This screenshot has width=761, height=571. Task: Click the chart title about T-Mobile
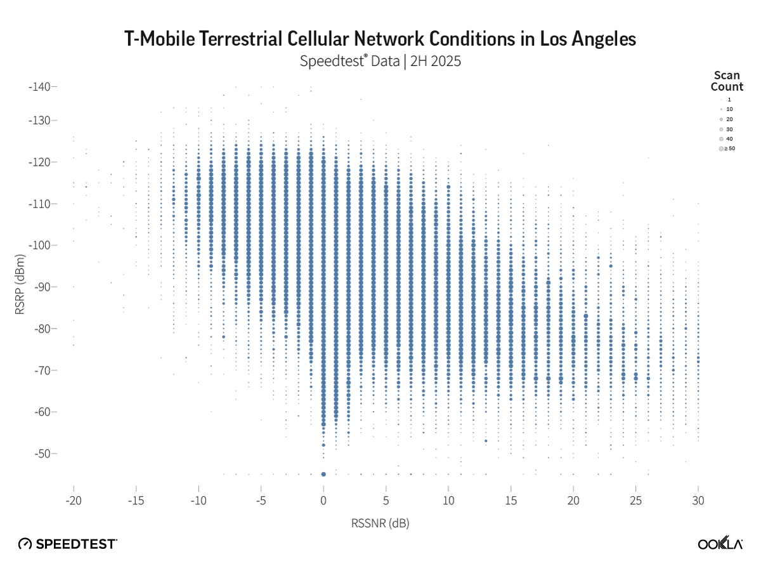(x=380, y=39)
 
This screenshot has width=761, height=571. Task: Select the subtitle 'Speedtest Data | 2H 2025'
(x=380, y=62)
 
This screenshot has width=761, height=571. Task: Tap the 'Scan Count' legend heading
(x=727, y=81)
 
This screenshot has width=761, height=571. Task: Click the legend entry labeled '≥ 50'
(x=727, y=148)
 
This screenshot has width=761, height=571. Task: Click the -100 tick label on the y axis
(x=42, y=246)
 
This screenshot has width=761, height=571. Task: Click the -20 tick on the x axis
(x=74, y=501)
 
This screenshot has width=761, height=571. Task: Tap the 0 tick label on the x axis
(x=323, y=501)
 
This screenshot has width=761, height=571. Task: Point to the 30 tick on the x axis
(x=698, y=501)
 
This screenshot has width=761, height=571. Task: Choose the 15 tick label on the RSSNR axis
(x=511, y=501)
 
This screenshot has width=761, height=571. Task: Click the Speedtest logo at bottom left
(x=67, y=544)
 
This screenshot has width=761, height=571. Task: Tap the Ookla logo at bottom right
(x=720, y=544)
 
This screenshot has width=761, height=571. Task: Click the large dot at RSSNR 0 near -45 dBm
(x=323, y=474)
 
